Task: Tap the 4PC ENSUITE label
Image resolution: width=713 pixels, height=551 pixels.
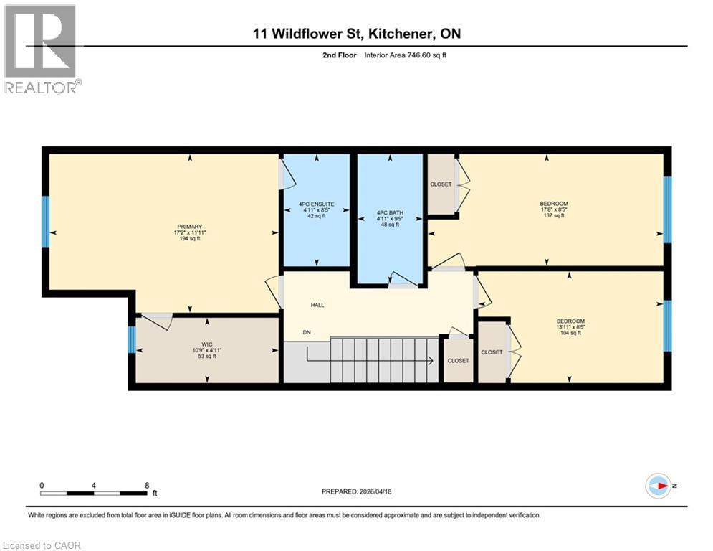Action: (317, 204)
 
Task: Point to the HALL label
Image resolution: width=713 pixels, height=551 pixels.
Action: (317, 305)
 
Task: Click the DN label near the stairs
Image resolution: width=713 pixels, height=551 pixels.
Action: (307, 332)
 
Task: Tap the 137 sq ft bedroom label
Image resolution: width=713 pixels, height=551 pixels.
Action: (553, 204)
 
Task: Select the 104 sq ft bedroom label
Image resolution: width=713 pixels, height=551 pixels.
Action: (570, 321)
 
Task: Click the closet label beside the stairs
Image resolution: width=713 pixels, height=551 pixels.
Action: (458, 360)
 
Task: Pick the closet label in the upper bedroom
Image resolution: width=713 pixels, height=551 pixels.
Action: (441, 184)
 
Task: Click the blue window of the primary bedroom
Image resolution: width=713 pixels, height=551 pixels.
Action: (46, 221)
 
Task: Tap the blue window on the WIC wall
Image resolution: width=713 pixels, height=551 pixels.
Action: (132, 339)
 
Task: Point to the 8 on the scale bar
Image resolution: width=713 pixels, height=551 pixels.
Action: (147, 485)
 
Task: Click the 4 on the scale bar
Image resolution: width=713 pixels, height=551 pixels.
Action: (94, 485)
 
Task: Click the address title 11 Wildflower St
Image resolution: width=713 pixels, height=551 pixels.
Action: (356, 34)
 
